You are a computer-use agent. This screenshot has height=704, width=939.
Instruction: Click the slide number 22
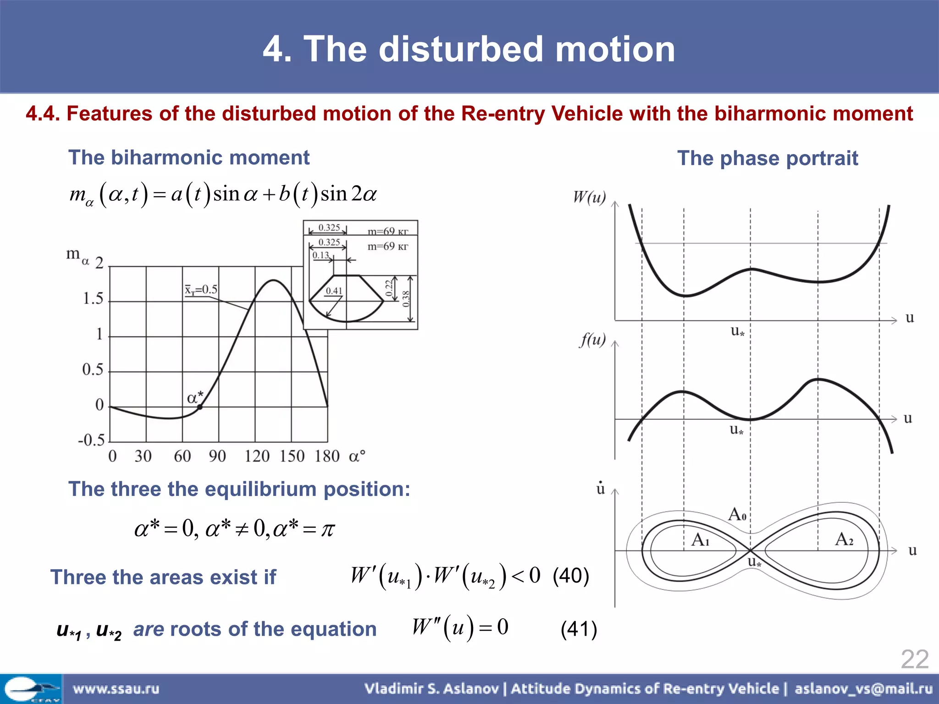pyautogui.click(x=914, y=660)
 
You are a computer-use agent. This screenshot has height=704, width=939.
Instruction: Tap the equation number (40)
pyautogui.click(x=571, y=576)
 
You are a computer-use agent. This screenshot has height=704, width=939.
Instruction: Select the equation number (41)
pyautogui.click(x=579, y=629)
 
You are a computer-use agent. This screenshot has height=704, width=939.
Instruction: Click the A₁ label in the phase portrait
pyautogui.click(x=701, y=539)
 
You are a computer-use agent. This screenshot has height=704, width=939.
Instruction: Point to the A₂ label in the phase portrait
pyautogui.click(x=844, y=539)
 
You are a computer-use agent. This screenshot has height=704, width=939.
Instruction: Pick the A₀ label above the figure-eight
pyautogui.click(x=737, y=514)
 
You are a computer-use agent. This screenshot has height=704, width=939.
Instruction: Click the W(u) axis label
pyautogui.click(x=589, y=198)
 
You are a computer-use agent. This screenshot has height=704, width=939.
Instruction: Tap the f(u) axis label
pyautogui.click(x=592, y=340)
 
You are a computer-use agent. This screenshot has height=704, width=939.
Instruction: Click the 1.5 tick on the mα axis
pyautogui.click(x=93, y=299)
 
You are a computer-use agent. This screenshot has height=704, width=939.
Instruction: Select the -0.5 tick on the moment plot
pyautogui.click(x=91, y=440)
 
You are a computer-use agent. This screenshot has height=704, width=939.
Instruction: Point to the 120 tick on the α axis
pyautogui.click(x=257, y=456)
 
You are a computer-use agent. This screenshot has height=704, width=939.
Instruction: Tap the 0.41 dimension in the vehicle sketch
pyautogui.click(x=334, y=291)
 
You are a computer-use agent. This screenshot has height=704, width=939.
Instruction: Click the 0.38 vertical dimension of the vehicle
pyautogui.click(x=406, y=299)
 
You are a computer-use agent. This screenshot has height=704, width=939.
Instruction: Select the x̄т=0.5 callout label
pyautogui.click(x=201, y=290)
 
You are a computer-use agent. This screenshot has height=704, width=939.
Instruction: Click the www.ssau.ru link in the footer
pyautogui.click(x=116, y=688)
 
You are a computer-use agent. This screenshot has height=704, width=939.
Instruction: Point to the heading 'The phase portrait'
pyautogui.click(x=768, y=158)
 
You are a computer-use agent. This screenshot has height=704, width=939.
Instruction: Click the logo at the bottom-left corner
pyautogui.click(x=31, y=688)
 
